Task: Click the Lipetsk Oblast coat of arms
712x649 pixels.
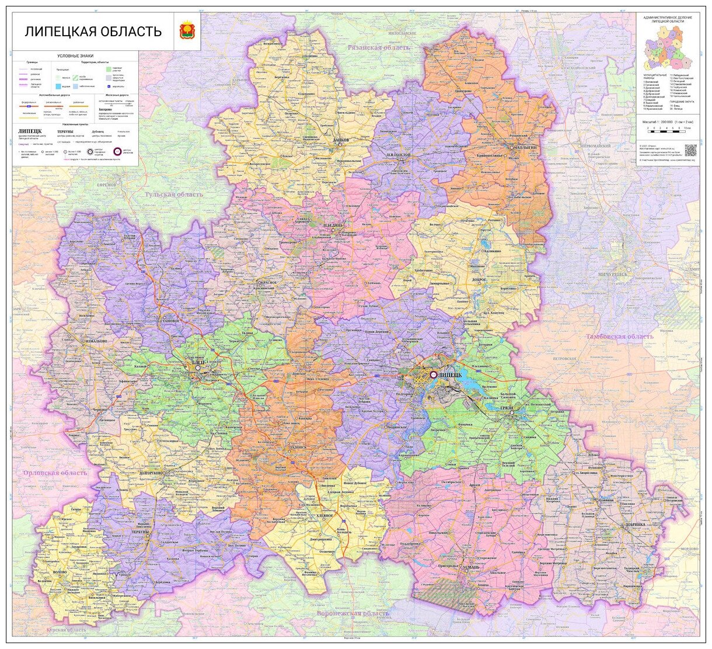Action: pos(188,31)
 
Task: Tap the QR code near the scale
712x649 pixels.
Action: pos(690,149)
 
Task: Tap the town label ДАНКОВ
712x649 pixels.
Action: pos(341,141)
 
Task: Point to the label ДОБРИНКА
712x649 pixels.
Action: pos(635,525)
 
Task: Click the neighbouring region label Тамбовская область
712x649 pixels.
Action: pos(620,337)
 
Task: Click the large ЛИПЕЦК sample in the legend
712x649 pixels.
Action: pos(30,131)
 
